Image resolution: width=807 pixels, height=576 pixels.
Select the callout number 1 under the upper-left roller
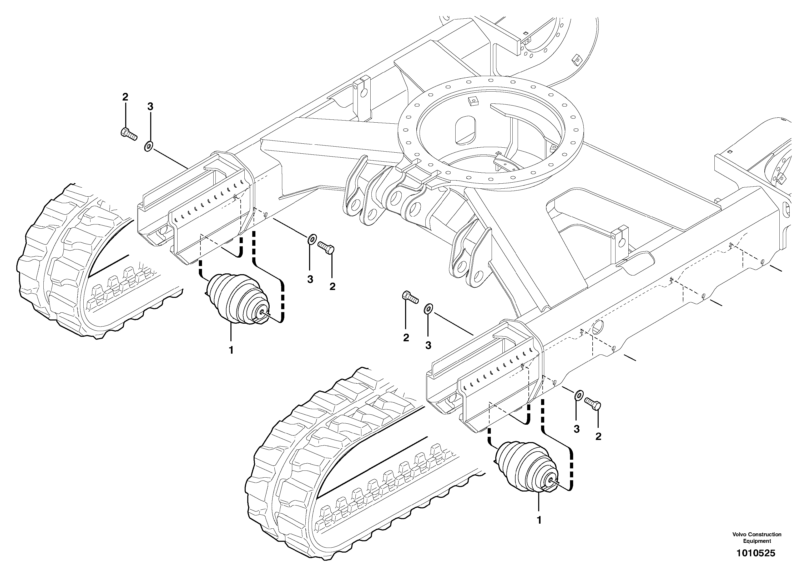[231, 350]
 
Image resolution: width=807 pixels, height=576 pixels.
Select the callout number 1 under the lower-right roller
[539, 520]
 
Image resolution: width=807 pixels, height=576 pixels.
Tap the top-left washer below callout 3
[149, 146]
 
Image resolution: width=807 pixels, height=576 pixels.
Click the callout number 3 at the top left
[150, 106]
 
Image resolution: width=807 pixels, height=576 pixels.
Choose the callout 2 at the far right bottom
[598, 437]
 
